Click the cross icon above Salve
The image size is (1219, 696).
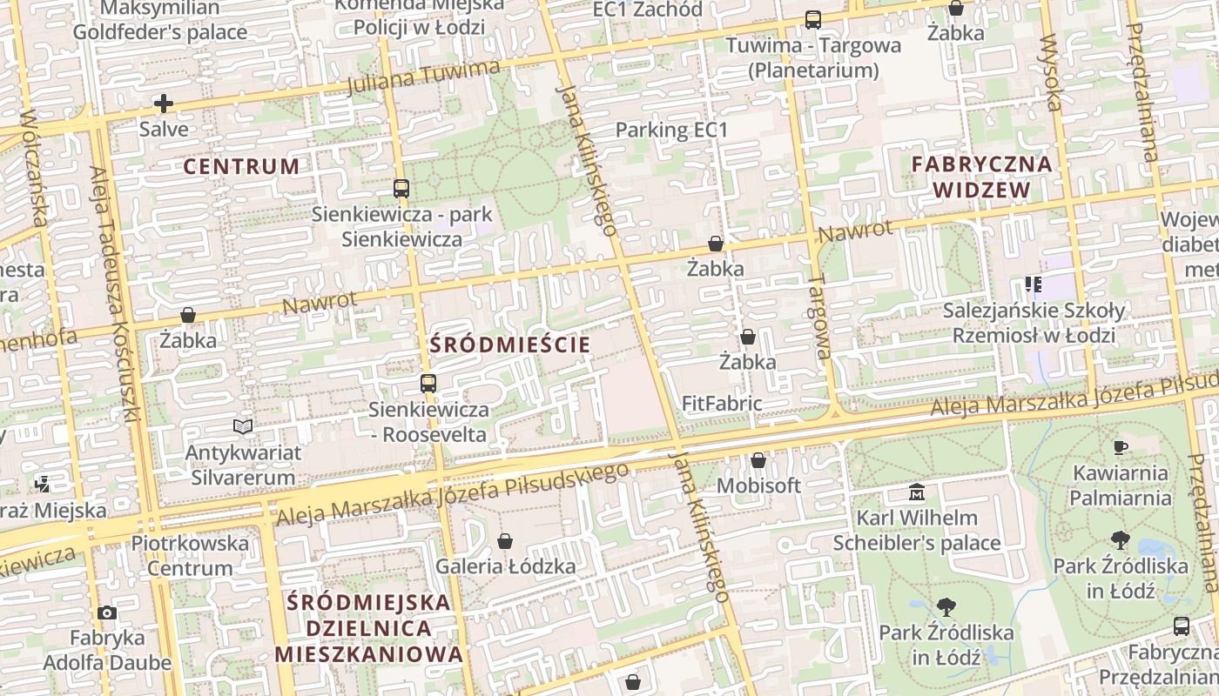pos(163,104)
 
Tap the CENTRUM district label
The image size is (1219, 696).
pos(241,166)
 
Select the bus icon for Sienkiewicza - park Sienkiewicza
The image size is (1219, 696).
pos(401,188)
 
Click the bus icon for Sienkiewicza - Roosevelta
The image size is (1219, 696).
pos(428,383)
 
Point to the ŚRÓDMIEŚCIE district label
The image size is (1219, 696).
pos(510,345)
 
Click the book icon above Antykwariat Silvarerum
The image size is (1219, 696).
pos(243,426)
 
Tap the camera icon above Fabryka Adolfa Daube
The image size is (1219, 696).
pos(107,613)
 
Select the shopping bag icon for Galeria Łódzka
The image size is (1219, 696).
pos(504,542)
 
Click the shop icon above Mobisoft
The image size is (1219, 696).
pos(758,460)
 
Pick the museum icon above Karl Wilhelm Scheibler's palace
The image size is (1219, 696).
pos(916,492)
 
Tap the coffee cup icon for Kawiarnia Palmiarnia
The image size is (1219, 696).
pos(1120,448)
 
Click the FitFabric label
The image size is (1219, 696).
pos(722,404)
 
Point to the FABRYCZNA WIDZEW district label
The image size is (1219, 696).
pos(981,177)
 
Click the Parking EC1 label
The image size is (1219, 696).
pos(670,130)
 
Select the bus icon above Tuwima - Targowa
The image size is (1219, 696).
pos(812,19)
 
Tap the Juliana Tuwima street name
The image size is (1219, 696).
pos(424,78)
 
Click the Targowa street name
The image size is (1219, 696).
pos(819,318)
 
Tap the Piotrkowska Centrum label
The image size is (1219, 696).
pos(190,556)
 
